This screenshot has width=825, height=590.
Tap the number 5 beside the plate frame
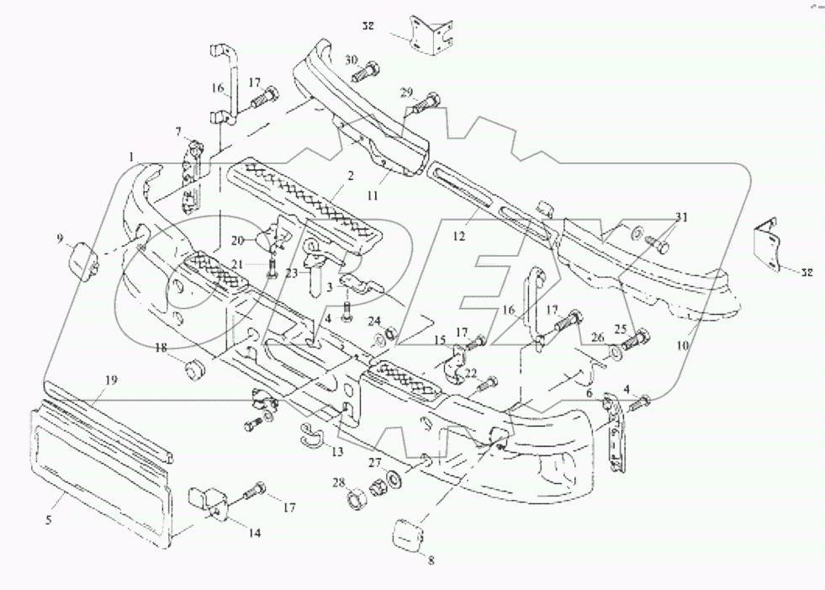click(49, 521)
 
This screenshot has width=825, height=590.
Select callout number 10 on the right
click(682, 346)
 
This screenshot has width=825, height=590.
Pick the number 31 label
click(680, 218)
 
